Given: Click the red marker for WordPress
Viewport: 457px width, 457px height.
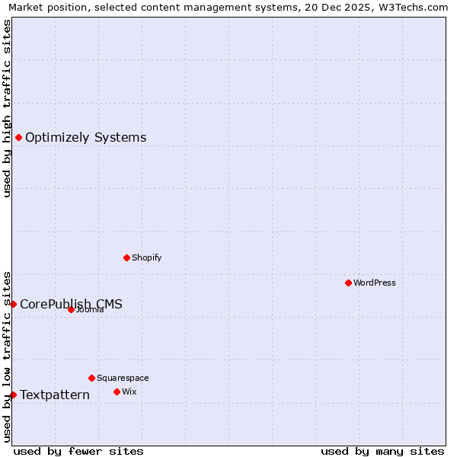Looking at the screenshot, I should pos(348,283).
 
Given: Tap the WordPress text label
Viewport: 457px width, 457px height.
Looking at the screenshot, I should pos(375,283).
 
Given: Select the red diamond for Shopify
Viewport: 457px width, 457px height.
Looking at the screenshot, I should pos(126,257).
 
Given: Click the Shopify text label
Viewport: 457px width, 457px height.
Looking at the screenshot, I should pos(146,257).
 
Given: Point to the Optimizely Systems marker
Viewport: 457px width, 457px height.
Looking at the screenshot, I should pos(18,137).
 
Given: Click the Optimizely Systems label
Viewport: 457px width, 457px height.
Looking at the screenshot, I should pos(85,137).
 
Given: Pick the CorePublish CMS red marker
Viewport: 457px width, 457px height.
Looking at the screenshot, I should pos(13,304).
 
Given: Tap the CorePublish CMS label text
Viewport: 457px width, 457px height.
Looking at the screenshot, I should pos(71,304).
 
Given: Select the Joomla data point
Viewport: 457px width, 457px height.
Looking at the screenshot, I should pos(71,309).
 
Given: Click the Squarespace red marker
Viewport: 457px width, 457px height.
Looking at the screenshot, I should pos(91,378).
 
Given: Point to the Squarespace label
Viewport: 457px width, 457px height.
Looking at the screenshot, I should pos(123,378).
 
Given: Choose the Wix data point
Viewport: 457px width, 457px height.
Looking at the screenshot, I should pos(117,391).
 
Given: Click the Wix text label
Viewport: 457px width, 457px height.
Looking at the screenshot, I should pos(129,391).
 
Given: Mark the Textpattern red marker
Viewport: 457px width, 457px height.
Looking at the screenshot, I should pos(13,395).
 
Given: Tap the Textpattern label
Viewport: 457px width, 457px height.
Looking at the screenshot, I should pos(54,395).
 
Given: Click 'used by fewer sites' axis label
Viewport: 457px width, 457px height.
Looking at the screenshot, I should pos(78,451).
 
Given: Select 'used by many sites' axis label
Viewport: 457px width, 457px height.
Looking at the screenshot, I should pos(382,451).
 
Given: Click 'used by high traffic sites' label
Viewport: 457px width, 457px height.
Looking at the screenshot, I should pos(7,108).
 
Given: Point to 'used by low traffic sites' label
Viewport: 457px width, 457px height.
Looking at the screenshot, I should pos(7,356).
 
